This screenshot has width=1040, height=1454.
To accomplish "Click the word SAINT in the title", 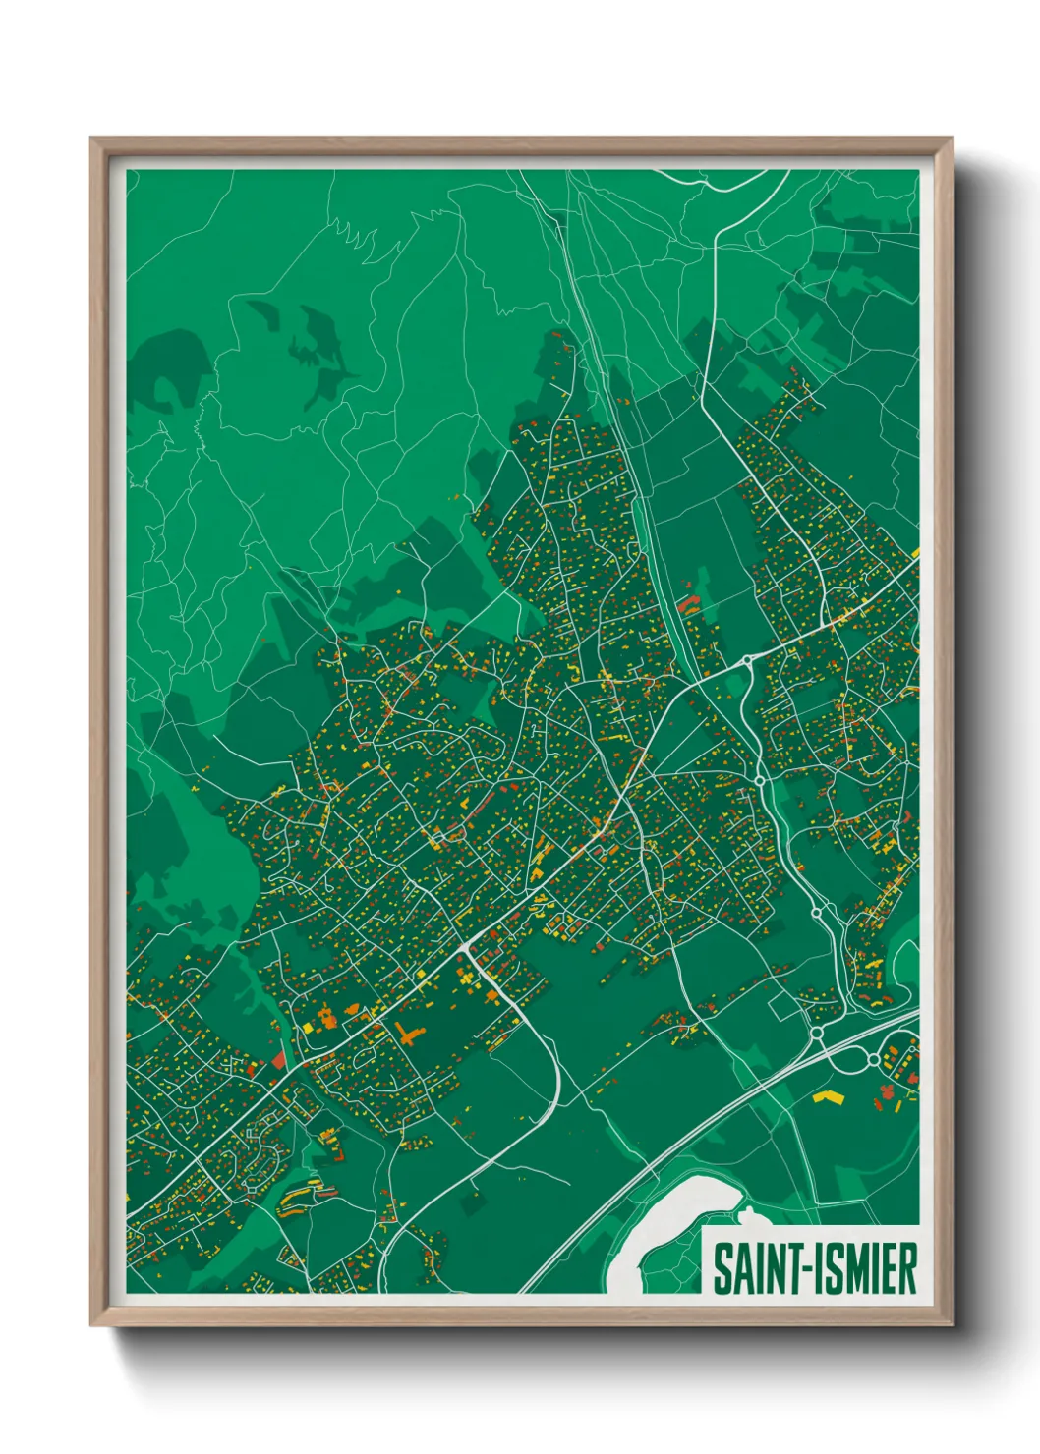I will pyautogui.click(x=753, y=1268).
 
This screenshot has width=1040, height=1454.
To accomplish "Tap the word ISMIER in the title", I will pyautogui.click(x=866, y=1268).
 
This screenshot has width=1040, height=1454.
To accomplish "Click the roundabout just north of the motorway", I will pyautogui.click(x=816, y=1033).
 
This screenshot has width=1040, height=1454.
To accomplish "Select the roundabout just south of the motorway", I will pyautogui.click(x=873, y=1060).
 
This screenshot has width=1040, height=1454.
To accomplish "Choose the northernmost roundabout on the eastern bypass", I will pyautogui.click(x=748, y=660).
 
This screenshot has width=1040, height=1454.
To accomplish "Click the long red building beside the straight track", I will pyautogui.click(x=689, y=602).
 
